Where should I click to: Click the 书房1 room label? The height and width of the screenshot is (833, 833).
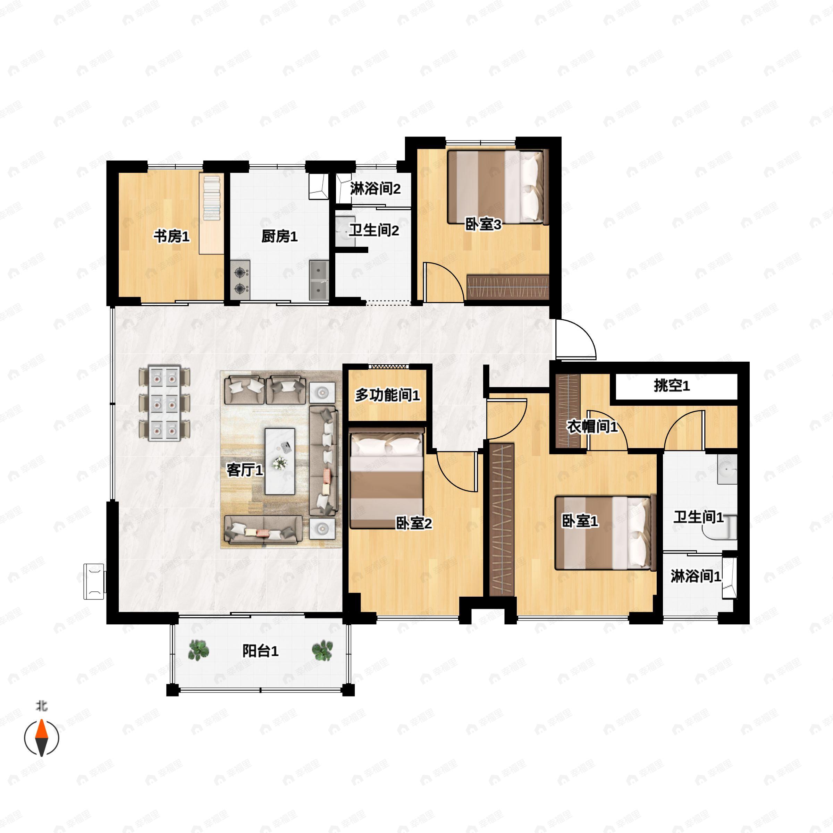(x=171, y=236)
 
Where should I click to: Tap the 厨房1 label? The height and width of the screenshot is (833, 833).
(x=279, y=236)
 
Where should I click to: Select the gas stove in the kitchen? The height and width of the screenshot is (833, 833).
(x=240, y=280)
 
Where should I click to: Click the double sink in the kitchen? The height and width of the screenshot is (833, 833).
(x=319, y=280)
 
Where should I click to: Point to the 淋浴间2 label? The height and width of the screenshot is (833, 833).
(x=375, y=188)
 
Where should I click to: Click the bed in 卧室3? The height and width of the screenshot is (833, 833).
(x=498, y=186)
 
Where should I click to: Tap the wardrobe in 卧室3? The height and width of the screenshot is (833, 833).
(x=508, y=287)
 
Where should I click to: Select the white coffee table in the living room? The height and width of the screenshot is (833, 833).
(x=280, y=461)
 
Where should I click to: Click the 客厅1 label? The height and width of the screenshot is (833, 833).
(x=245, y=470)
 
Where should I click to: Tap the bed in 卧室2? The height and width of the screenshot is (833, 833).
(x=387, y=478)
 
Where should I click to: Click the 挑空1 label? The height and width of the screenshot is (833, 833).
(x=672, y=386)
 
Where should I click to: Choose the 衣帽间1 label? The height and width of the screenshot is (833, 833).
(x=592, y=427)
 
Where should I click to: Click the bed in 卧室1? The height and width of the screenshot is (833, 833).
(x=605, y=533)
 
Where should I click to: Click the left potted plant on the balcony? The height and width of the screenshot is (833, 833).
(x=198, y=650)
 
